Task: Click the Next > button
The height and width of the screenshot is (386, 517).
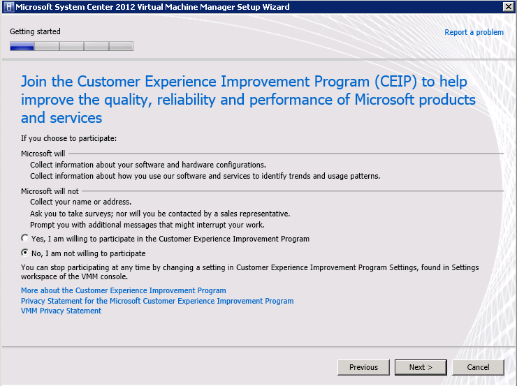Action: pyautogui.click(x=421, y=367)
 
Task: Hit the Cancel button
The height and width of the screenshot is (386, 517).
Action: pyautogui.click(x=478, y=367)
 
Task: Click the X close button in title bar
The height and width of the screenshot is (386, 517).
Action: pyautogui.click(x=508, y=6)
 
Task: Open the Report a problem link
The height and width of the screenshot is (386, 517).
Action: pyautogui.click(x=474, y=32)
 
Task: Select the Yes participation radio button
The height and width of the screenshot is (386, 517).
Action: pyautogui.click(x=25, y=238)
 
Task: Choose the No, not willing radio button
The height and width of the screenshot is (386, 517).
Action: pyautogui.click(x=25, y=253)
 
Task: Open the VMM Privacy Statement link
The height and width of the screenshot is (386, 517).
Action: pyautogui.click(x=61, y=311)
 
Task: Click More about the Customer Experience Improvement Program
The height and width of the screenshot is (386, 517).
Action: pyautogui.click(x=124, y=290)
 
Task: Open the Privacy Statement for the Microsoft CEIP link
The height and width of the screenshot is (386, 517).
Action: pyautogui.click(x=157, y=301)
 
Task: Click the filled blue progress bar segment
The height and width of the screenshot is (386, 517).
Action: pyautogui.click(x=22, y=46)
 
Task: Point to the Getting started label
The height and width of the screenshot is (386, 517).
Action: pyautogui.click(x=35, y=31)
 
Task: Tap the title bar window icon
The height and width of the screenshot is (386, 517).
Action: pyautogui.click(x=9, y=7)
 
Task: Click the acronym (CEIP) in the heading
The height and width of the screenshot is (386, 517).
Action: pyautogui.click(x=395, y=82)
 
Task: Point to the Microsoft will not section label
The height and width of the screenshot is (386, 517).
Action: pyautogui.click(x=50, y=191)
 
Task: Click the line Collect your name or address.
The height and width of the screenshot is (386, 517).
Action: pyautogui.click(x=81, y=202)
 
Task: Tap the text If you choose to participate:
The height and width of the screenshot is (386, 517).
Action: pyautogui.click(x=69, y=138)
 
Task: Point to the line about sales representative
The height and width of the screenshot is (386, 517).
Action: pyautogui.click(x=160, y=214)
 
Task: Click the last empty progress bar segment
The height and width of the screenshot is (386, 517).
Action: pyautogui.click(x=121, y=46)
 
